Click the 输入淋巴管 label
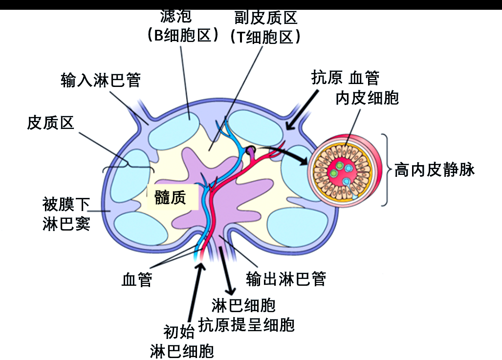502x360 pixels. tap(100, 80)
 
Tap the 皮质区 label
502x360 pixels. tap(50, 123)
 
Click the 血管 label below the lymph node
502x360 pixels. tap(136, 280)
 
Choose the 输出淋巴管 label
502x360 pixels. tap(286, 278)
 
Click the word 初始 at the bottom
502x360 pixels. tap(179, 333)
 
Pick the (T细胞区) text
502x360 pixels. tap(265, 37)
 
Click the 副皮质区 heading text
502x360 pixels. tap(265, 18)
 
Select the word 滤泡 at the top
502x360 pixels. tap(176, 17)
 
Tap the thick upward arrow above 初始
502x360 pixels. tap(196, 288)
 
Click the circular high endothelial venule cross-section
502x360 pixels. tap(342, 169)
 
